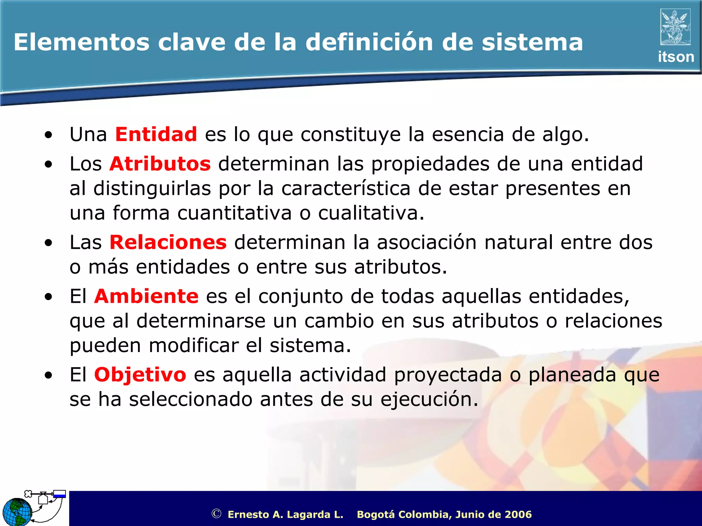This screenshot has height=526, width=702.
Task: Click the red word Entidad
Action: [156, 134]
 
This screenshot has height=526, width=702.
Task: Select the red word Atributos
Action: [160, 164]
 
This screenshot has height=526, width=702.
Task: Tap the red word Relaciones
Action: [168, 242]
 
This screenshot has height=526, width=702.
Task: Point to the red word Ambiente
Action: [146, 296]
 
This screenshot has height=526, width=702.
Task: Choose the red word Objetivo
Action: [140, 375]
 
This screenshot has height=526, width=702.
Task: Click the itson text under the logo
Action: [676, 57]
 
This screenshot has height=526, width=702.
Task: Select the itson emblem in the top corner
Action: [675, 27]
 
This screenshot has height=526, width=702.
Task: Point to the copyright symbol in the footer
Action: [216, 514]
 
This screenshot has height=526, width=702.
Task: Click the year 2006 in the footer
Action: [518, 514]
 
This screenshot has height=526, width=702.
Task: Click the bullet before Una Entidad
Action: [48, 135]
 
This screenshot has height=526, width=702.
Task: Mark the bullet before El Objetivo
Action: [48, 375]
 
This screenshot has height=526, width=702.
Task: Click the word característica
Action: [346, 189]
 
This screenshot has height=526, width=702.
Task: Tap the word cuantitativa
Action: [234, 213]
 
